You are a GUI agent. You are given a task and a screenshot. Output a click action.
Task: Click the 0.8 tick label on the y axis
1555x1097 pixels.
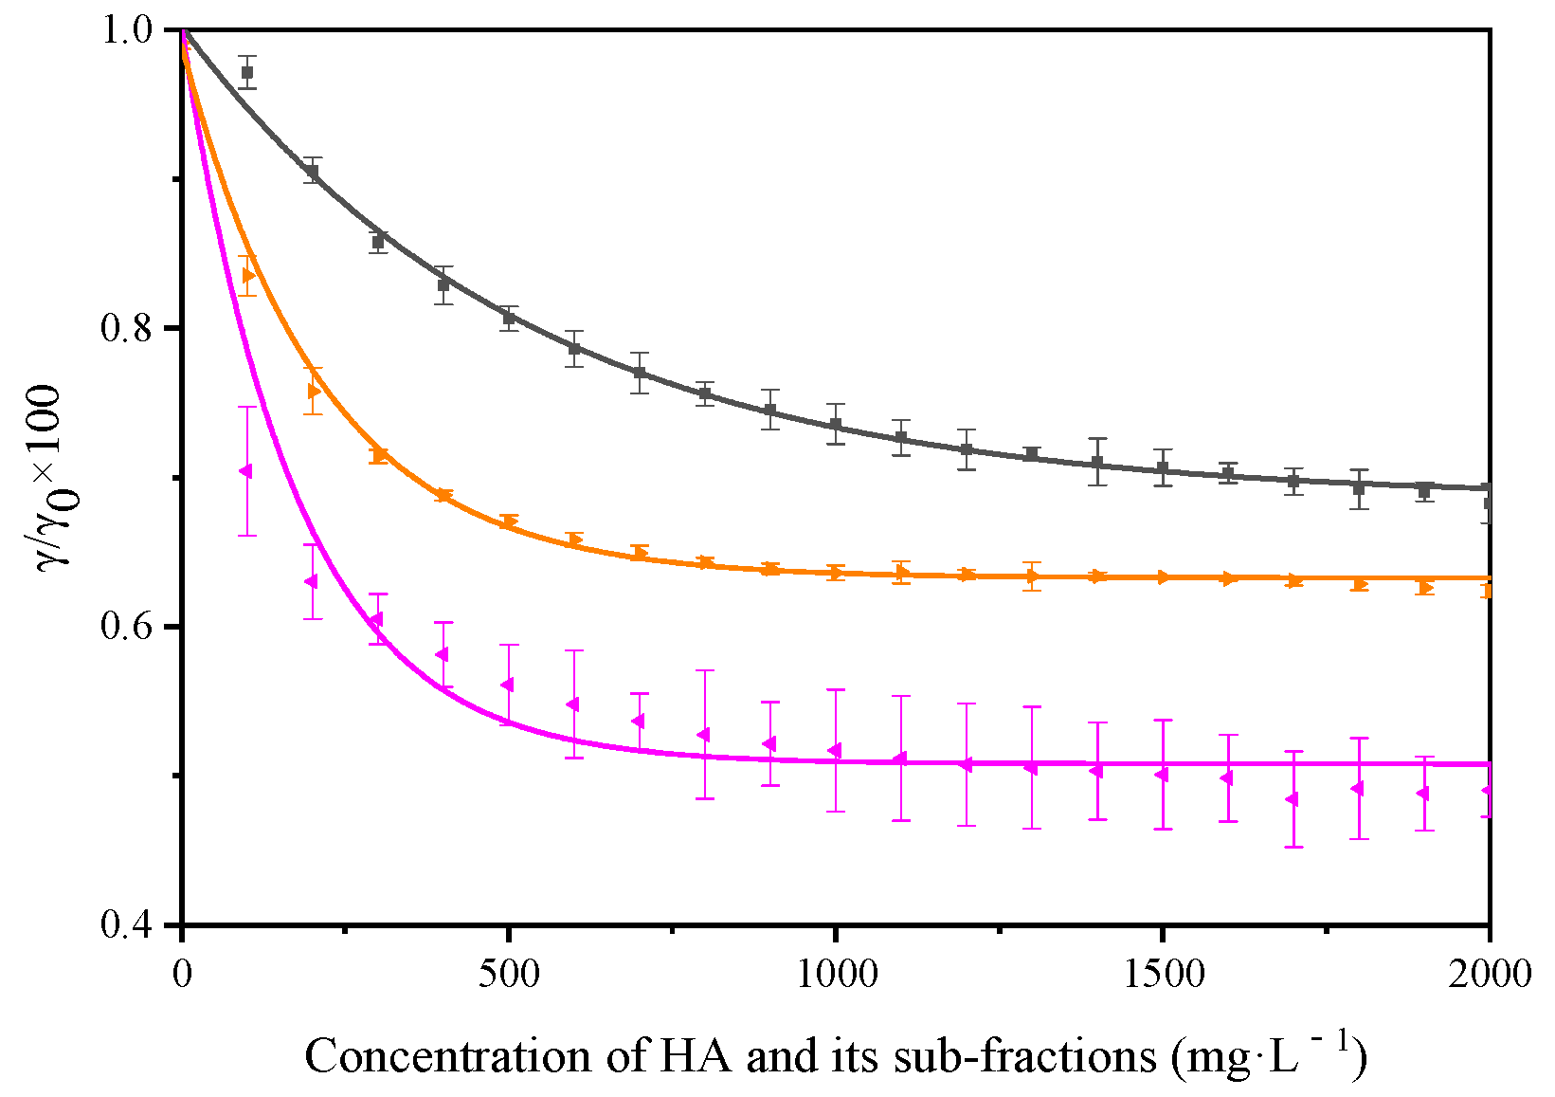127,329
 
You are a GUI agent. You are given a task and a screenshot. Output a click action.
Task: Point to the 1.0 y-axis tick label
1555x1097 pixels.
127,30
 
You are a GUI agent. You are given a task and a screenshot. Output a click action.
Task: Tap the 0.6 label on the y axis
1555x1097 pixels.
127,627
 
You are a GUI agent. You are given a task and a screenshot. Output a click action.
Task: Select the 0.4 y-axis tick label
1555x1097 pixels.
127,925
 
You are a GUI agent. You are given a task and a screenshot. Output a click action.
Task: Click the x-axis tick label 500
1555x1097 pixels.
509,974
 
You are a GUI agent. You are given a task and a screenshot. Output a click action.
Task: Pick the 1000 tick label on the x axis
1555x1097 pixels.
836,974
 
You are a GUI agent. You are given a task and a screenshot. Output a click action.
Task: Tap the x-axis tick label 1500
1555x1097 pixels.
1163,974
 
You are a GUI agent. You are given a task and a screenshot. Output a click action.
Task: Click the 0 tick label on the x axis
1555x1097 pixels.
182,974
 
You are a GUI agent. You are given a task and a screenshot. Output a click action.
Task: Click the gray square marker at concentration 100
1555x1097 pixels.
247,72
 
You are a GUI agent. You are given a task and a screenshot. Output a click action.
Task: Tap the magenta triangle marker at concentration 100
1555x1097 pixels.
246,471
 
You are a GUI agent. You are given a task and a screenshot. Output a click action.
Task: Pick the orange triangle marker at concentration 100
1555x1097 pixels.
248,275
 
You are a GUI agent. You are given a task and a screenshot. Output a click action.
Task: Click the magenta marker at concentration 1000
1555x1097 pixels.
835,751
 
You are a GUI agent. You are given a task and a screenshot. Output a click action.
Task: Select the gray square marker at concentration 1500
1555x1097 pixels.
1163,468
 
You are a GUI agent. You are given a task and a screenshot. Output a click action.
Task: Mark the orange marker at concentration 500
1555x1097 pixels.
509,521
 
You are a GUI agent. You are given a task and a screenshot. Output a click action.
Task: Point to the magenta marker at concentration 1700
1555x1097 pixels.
1293,799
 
